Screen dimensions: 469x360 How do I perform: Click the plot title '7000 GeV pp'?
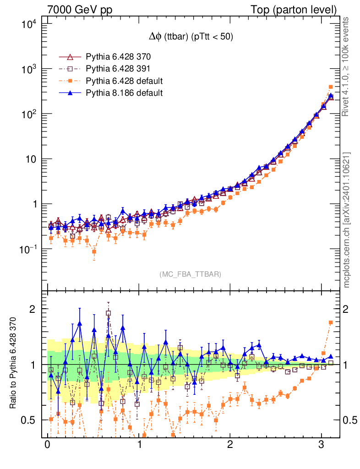[x=80, y=10]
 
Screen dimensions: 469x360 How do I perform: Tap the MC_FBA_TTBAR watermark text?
[x=190, y=274]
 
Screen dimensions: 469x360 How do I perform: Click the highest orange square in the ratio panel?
[x=331, y=322]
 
